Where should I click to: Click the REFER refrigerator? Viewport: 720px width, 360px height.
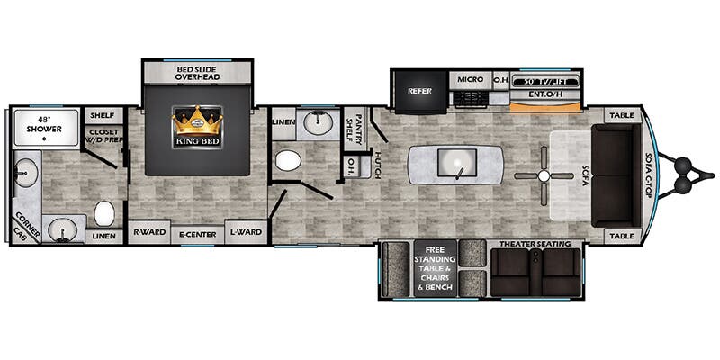coord(420,91)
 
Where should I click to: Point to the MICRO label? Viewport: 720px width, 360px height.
coord(470,80)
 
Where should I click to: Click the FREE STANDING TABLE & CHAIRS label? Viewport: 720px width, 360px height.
coord(435,265)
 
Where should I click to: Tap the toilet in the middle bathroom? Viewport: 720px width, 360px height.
coord(288,161)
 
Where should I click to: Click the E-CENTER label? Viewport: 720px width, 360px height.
coord(196,233)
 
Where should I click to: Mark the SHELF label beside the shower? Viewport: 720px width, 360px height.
coord(102,115)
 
